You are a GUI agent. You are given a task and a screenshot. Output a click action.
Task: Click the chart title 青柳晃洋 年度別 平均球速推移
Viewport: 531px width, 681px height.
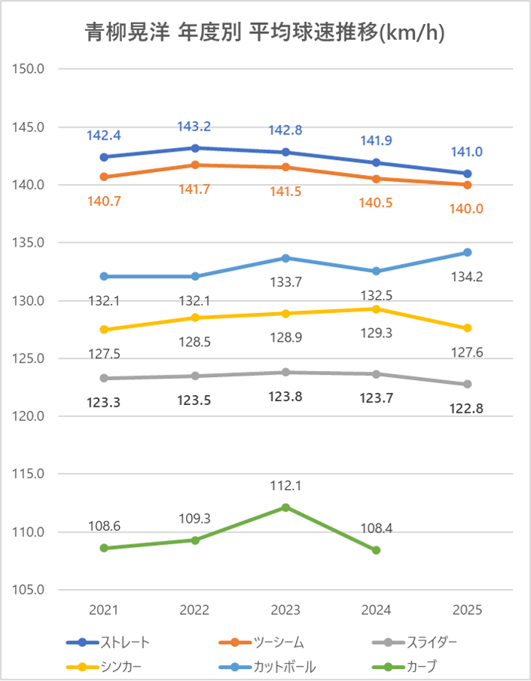264,32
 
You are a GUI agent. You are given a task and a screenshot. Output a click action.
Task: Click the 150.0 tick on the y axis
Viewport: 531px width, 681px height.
29,69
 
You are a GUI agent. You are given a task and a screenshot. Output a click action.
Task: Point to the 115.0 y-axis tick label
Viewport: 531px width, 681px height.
29,474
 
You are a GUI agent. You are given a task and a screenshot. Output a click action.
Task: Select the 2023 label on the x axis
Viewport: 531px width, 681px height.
285,609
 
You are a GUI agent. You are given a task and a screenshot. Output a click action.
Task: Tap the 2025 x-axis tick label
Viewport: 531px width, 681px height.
467,609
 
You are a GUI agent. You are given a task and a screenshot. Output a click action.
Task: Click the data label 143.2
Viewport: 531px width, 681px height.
194,127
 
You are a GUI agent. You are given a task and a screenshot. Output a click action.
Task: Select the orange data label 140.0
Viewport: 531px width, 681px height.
467,208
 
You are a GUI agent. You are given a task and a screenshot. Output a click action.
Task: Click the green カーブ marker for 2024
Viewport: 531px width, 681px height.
376,551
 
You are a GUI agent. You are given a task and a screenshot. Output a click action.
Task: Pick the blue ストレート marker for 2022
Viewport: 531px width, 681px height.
195,148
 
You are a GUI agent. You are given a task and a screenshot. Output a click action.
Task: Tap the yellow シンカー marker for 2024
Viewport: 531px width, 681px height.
376,308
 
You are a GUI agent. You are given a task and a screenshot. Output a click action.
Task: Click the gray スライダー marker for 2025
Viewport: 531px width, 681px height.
467,384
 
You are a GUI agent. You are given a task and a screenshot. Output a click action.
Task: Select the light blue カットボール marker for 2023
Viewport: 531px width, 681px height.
285,258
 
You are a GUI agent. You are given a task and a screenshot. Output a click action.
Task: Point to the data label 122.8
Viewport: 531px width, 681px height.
467,408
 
